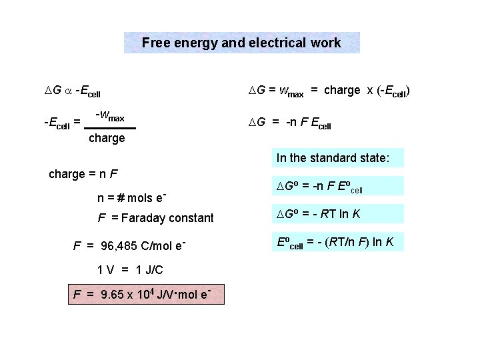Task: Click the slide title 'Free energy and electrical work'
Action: pyautogui.click(x=241, y=43)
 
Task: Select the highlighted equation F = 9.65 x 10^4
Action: pyautogui.click(x=147, y=294)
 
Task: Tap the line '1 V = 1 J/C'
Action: pyautogui.click(x=130, y=270)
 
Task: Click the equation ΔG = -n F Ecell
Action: pyautogui.click(x=289, y=123)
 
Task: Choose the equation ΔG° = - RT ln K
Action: pyautogui.click(x=318, y=214)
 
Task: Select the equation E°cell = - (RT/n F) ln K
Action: pyautogui.click(x=335, y=242)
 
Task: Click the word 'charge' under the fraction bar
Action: pyautogui.click(x=107, y=139)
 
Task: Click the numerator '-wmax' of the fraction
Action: pyautogui.click(x=110, y=117)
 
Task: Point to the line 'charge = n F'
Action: pyautogui.click(x=83, y=175)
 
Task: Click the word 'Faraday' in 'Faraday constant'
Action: pyautogui.click(x=140, y=218)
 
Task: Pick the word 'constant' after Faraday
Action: pyautogui.click(x=191, y=218)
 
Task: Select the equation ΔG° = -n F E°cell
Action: pyautogui.click(x=319, y=186)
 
